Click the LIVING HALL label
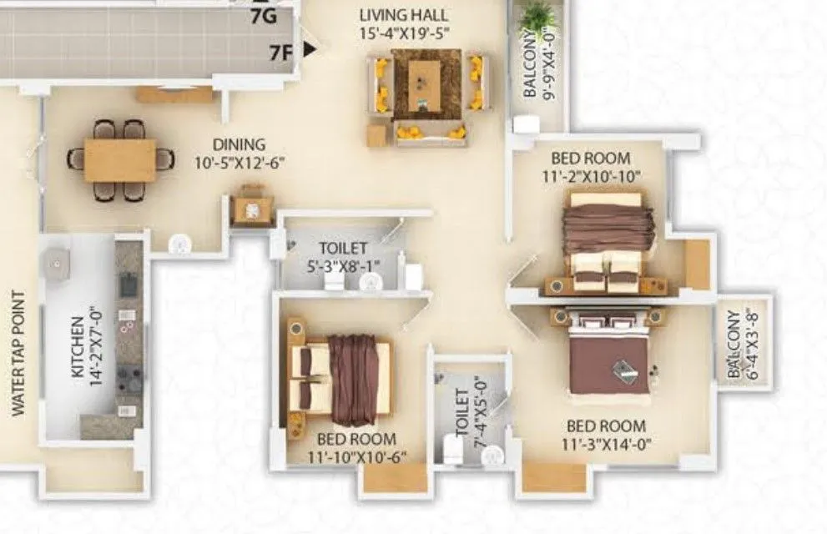tap(404, 14)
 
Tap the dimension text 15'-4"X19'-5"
tap(404, 34)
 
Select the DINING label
tap(238, 144)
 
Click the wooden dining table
tap(120, 160)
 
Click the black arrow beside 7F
tap(310, 50)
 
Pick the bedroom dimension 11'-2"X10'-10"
tap(591, 176)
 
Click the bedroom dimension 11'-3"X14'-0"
tap(607, 445)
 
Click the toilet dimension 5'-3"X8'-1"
tap(343, 267)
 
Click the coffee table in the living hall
tap(426, 83)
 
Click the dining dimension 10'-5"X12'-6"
tap(238, 163)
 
